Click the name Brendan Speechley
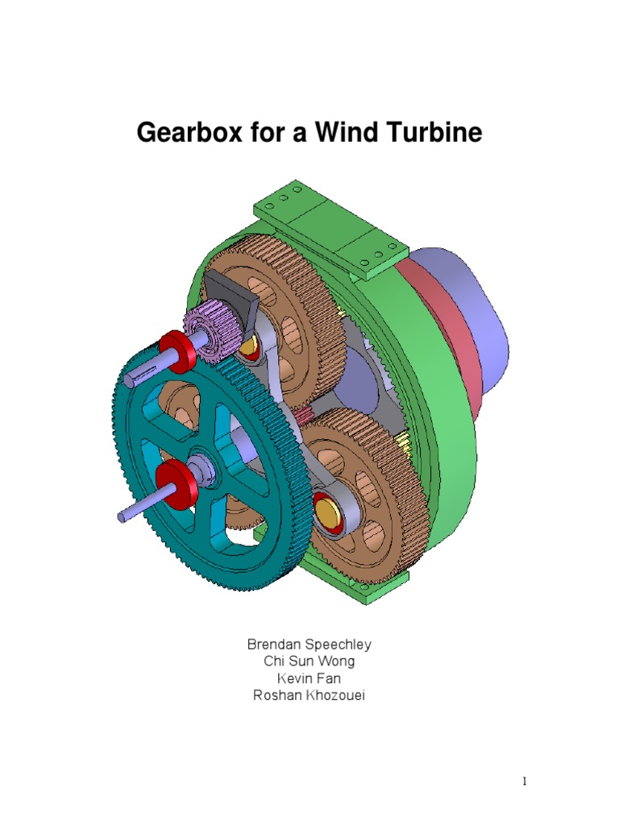coord(309,645)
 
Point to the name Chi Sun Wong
coord(309,661)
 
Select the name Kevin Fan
coord(309,678)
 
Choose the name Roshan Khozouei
coord(309,695)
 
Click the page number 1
coord(523,781)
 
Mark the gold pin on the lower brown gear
coord(328,509)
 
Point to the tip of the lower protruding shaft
coord(122,516)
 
